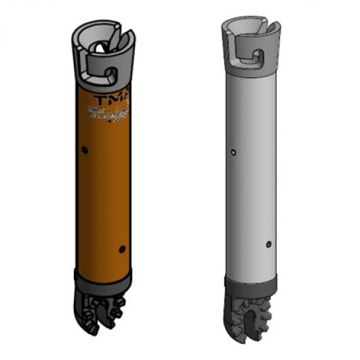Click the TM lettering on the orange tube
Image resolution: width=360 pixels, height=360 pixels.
tap(120, 100)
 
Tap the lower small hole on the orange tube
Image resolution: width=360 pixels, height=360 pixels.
tap(122, 247)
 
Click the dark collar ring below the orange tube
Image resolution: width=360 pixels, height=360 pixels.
tap(103, 278)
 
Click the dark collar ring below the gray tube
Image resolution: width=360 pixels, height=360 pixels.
tap(250, 280)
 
